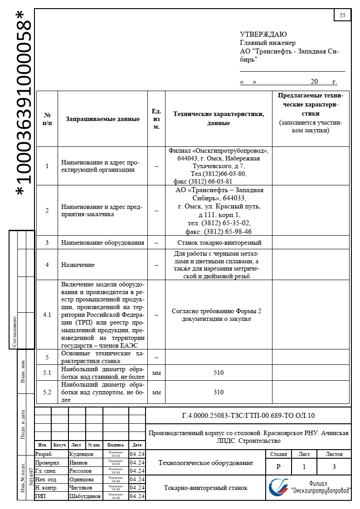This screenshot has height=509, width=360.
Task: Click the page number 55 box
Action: coord(342,15)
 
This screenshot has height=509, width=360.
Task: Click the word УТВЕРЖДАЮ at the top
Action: coord(263,34)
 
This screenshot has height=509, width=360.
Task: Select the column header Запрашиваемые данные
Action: coord(103,119)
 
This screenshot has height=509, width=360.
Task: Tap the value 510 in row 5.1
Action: coord(219,373)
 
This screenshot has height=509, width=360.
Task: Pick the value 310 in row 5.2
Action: coord(219,392)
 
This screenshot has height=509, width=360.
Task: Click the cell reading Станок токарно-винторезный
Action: coord(219,242)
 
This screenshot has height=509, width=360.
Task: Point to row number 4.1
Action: coord(47,315)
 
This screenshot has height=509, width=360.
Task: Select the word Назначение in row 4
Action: coord(78,265)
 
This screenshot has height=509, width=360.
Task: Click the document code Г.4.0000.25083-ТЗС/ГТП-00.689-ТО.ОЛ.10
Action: coord(248,416)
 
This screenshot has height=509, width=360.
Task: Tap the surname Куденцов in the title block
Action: coord(81,454)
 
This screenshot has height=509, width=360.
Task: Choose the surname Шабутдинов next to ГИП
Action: coord(85,496)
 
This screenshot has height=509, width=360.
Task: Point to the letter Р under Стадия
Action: coord(278,466)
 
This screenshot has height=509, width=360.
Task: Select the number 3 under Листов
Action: coord(334,466)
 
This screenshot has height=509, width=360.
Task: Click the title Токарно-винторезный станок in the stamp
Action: coord(206,488)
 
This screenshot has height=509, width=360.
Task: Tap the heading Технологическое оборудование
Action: coord(206,463)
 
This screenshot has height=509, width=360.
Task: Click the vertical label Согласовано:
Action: coord(15,331)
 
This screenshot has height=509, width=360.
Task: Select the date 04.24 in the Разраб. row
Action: coord(137,454)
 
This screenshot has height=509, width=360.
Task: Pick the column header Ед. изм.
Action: coord(156,119)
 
